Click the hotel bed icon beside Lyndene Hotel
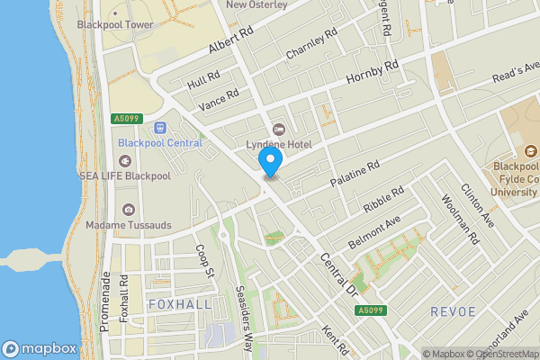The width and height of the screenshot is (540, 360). (x=278, y=130)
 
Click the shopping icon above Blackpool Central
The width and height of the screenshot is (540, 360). (x=160, y=128)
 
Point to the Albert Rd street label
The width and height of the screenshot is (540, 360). (x=231, y=40)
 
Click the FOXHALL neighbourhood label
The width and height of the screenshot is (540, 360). (x=180, y=305)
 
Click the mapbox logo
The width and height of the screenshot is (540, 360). (x=39, y=348)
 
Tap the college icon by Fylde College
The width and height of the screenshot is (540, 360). (x=530, y=150)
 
